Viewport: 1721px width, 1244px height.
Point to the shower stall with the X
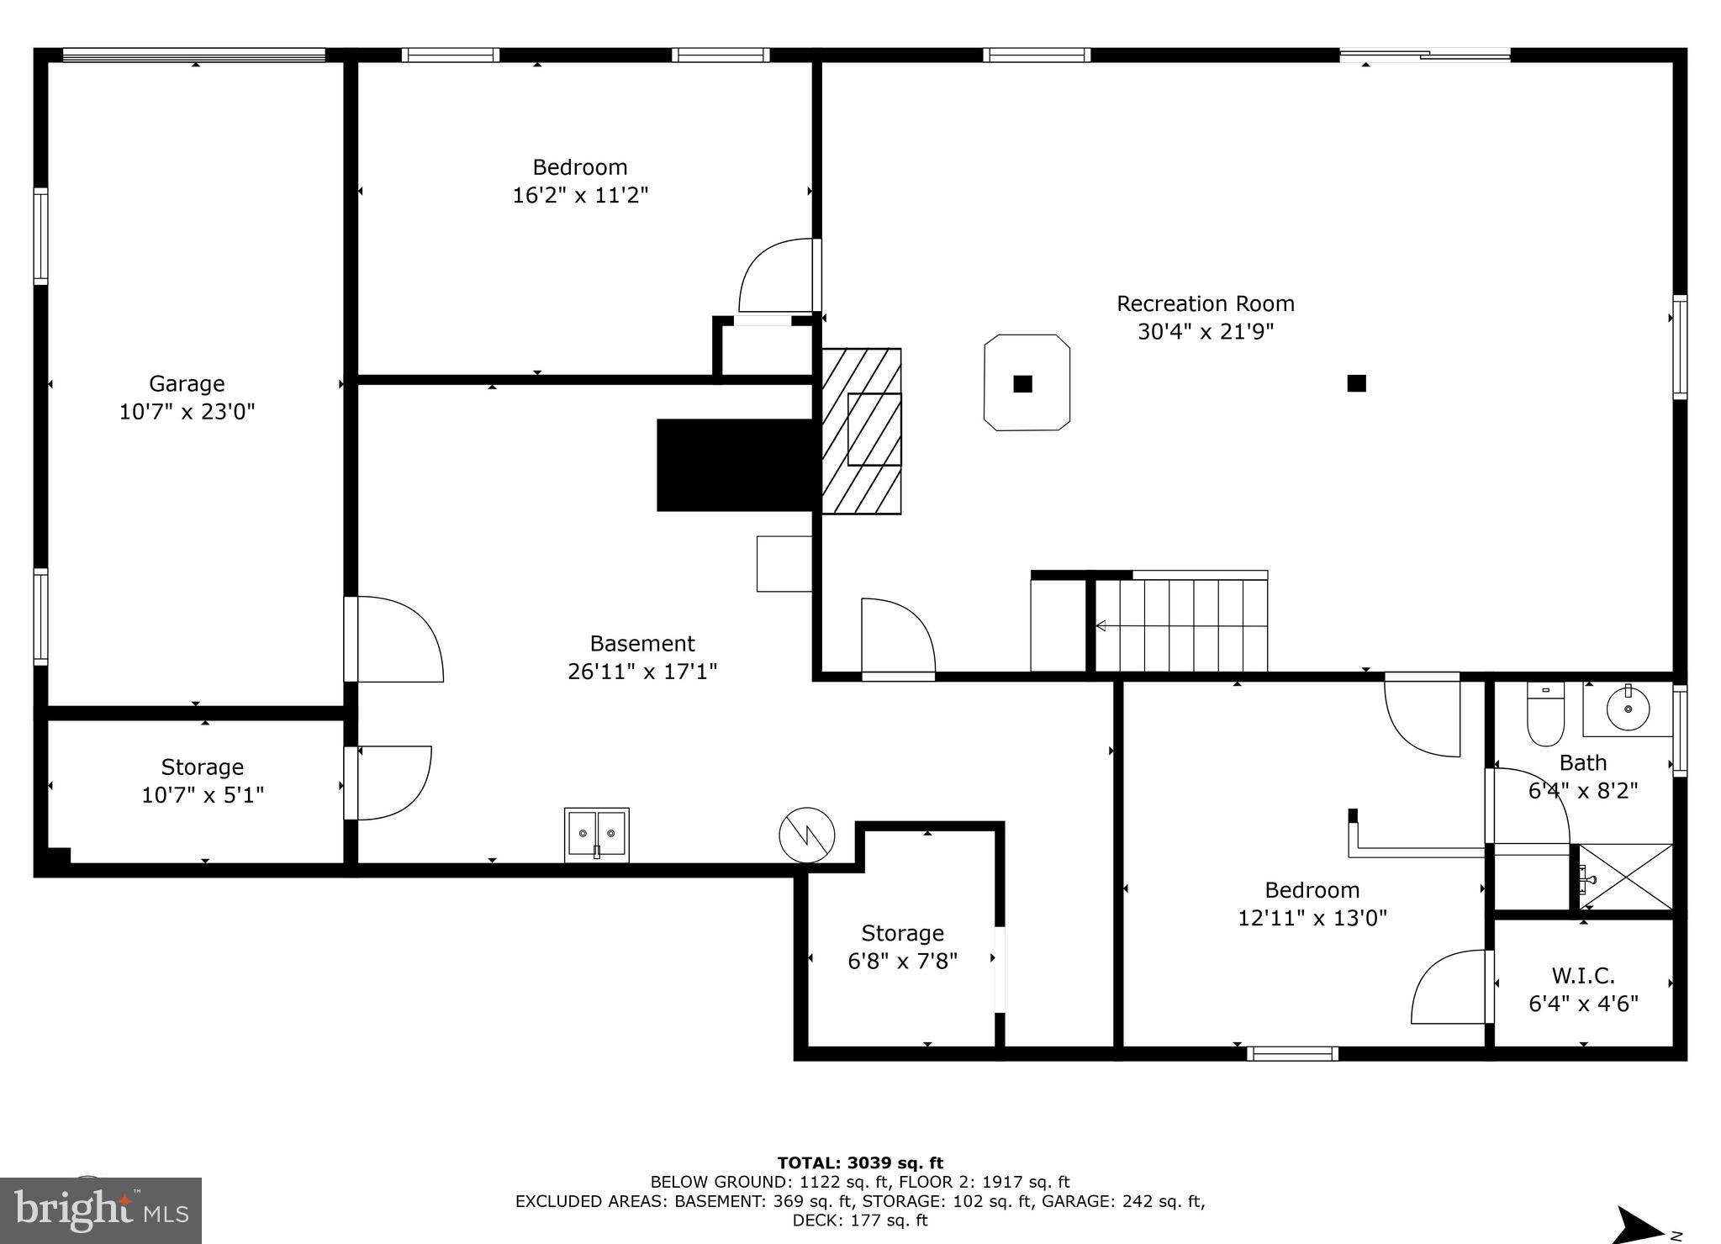pyautogui.click(x=1626, y=877)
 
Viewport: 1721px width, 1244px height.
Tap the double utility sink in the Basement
pyautogui.click(x=596, y=835)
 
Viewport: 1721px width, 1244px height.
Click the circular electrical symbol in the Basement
pyautogui.click(x=806, y=835)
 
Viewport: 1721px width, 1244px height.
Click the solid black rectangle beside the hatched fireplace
pyautogui.click(x=736, y=465)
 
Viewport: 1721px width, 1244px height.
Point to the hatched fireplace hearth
pyautogui.click(x=861, y=431)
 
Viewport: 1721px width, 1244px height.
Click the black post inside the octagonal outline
pyautogui.click(x=1022, y=384)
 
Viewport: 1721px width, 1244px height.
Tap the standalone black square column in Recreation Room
pyautogui.click(x=1356, y=383)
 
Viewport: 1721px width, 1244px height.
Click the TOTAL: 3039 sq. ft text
pyautogui.click(x=859, y=1163)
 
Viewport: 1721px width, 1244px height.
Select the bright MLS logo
pyautogui.click(x=101, y=1210)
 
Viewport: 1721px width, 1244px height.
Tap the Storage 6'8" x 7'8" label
pyautogui.click(x=902, y=946)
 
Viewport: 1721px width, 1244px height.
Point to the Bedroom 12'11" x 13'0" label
pyautogui.click(x=1312, y=903)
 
